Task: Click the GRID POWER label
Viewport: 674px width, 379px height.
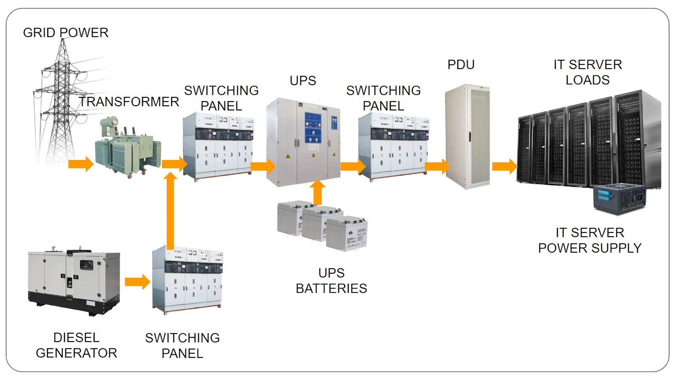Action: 66,32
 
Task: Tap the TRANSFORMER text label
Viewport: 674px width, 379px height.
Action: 129,101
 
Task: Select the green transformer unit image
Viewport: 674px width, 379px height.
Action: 128,147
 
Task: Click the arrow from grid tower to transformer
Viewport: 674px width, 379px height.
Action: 80,164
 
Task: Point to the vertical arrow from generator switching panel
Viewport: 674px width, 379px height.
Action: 170,211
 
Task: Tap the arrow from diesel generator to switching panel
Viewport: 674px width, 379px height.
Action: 137,282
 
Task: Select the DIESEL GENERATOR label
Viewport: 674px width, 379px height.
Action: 76,345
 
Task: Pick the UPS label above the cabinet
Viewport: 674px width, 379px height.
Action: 302,80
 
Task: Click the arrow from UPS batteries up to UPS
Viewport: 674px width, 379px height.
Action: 318,192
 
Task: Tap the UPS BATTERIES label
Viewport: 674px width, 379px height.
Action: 331,280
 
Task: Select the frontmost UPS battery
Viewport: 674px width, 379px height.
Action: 347,234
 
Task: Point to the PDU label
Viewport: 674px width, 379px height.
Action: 461,64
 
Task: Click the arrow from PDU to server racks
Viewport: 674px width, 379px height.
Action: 504,166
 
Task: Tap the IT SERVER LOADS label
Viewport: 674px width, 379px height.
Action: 587,72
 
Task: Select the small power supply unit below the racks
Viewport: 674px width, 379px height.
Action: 619,199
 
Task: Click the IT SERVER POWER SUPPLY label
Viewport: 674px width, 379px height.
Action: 590,240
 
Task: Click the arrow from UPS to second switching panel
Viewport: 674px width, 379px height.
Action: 353,166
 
